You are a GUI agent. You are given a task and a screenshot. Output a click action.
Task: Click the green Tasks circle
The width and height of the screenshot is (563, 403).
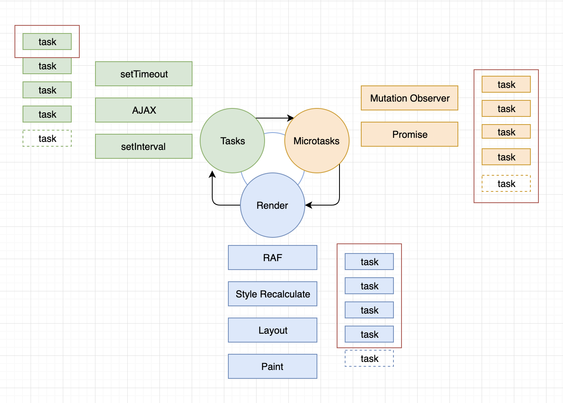point(232,141)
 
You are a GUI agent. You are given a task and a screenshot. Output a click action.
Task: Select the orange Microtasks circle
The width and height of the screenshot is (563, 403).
point(317,141)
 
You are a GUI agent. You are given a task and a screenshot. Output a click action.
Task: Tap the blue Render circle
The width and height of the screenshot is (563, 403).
point(273,205)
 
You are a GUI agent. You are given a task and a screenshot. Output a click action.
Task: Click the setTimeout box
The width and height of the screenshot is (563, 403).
point(144,74)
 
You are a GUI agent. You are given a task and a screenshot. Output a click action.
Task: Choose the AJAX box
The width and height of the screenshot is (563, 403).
point(144,110)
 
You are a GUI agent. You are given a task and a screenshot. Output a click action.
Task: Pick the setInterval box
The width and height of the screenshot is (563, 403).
point(144,146)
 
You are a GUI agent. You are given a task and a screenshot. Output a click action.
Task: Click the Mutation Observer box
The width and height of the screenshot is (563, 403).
point(410,98)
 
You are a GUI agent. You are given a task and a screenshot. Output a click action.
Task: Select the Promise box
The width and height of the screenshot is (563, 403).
point(410,134)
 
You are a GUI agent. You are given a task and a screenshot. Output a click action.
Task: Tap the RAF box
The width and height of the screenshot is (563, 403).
point(273,258)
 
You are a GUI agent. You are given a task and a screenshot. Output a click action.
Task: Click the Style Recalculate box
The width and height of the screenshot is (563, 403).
point(273,294)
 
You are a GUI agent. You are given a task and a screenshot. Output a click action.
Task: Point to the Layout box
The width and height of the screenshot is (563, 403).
point(273,330)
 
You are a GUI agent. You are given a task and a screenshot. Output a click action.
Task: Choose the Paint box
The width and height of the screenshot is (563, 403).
point(273,366)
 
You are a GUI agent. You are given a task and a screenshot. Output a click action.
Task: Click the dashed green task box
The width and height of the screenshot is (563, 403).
point(47,138)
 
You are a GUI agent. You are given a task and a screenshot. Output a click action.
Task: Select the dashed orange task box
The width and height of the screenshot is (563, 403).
point(506,183)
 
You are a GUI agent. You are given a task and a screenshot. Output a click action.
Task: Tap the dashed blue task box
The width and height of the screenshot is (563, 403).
point(369,358)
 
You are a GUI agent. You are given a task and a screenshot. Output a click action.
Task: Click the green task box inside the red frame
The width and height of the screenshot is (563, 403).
point(47,42)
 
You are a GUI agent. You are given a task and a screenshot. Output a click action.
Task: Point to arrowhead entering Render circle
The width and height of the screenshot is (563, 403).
point(308,205)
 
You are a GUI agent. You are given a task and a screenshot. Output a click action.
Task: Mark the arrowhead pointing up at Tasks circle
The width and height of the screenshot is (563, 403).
point(212,174)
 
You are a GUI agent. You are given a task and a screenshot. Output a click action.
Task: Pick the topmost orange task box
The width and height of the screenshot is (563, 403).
point(506,84)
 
